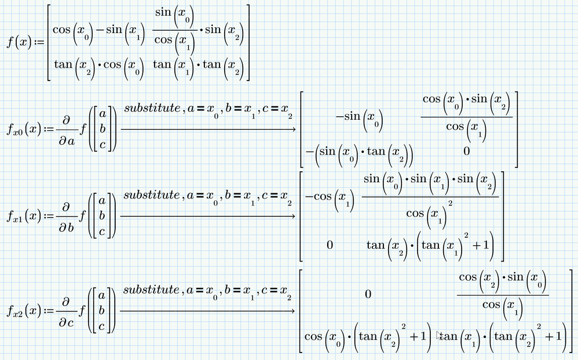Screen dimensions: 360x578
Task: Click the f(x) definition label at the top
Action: (20, 42)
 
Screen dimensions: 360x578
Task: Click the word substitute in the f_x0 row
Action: (152, 108)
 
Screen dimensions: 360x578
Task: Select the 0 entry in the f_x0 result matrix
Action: (466, 152)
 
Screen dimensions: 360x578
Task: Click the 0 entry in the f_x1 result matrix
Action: (330, 245)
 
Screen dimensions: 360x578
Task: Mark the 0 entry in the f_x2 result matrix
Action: (368, 295)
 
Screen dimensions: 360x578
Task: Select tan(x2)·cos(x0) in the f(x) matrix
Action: (96, 65)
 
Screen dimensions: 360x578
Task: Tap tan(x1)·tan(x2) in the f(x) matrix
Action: (198, 65)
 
